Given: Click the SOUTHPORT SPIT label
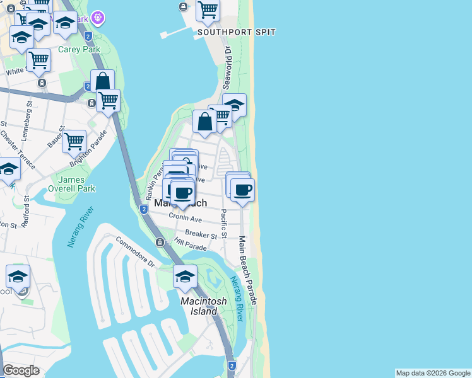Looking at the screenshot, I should (x=236, y=32).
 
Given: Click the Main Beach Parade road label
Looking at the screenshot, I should (x=249, y=272).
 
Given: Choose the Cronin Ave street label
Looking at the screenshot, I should (x=185, y=218).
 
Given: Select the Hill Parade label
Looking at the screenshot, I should (x=191, y=244).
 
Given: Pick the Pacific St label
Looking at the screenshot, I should (x=223, y=224).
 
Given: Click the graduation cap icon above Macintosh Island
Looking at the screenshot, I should (x=186, y=276).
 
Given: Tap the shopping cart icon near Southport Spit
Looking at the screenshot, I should (x=208, y=10).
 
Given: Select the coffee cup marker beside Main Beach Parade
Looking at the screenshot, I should (x=242, y=189).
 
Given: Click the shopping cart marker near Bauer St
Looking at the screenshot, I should (x=74, y=141).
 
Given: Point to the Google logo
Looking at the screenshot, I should (x=21, y=371).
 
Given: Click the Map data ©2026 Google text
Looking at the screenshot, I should (x=433, y=373).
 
